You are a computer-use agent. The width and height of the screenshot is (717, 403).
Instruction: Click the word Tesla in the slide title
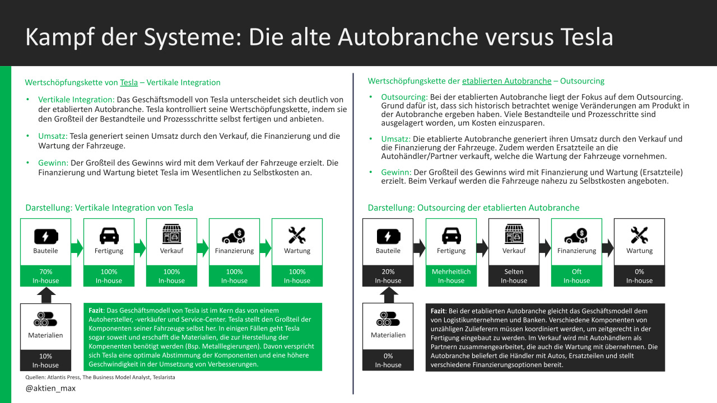pyautogui.click(x=586, y=38)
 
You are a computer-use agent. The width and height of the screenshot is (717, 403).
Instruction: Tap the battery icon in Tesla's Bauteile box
pyautogui.click(x=45, y=235)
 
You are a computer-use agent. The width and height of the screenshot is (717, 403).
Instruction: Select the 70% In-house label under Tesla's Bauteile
pyautogui.click(x=45, y=276)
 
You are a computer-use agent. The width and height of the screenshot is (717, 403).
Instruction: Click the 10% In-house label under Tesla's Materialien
pyautogui.click(x=45, y=360)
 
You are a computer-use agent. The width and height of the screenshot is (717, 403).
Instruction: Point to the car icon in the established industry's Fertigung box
pyautogui.click(x=451, y=235)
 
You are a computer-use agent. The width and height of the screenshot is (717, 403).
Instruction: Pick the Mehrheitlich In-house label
pyautogui.click(x=451, y=276)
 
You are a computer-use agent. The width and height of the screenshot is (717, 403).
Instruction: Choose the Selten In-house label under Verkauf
pyautogui.click(x=514, y=276)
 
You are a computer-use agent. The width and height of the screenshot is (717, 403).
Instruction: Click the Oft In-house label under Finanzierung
pyautogui.click(x=576, y=276)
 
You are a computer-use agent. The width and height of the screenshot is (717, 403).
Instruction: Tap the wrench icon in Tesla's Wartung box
pyautogui.click(x=297, y=235)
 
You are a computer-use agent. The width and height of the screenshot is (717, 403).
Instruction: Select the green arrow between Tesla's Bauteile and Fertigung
pyautogui.click(x=77, y=247)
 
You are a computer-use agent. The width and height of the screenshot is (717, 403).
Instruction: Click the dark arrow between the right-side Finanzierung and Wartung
pyautogui.click(x=607, y=247)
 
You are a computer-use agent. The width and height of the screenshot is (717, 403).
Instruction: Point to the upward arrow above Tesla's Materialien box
pyautogui.click(x=45, y=295)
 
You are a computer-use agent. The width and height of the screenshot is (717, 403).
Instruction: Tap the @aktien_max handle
pyautogui.click(x=50, y=388)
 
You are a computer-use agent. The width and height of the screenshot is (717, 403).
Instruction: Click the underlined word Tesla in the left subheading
pyautogui.click(x=129, y=82)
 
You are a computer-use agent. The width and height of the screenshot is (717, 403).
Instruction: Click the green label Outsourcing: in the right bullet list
pyautogui.click(x=404, y=97)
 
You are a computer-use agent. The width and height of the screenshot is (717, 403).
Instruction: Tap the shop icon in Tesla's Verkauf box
pyautogui.click(x=171, y=235)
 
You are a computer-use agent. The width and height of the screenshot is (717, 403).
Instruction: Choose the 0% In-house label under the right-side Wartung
pyautogui.click(x=639, y=276)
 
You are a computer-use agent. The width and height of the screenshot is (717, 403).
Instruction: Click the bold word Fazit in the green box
pyautogui.click(x=97, y=310)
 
